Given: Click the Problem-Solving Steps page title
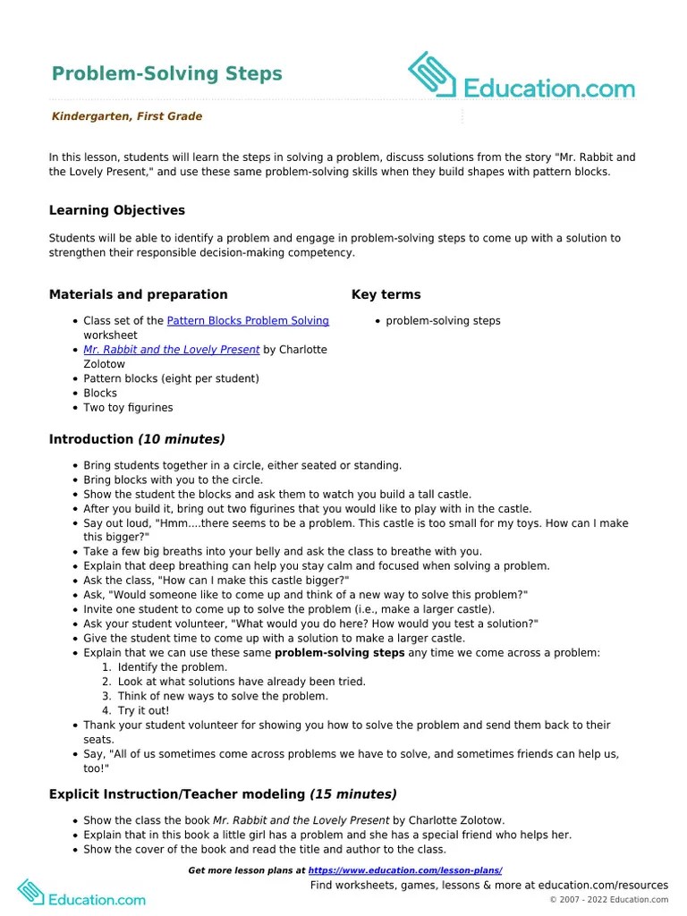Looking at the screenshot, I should point(166,73).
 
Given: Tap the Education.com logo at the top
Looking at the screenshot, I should point(522,77).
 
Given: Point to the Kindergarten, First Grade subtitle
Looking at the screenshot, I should point(126,116).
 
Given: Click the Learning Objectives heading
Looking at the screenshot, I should point(117,210).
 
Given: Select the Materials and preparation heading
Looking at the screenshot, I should point(138,294).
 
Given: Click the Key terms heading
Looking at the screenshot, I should point(386,294).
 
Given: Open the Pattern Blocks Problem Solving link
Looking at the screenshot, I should point(248,320).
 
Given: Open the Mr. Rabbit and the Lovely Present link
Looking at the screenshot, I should point(172,350).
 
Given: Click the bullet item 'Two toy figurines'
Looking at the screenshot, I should point(128,407).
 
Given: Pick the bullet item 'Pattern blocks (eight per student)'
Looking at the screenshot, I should point(171,378).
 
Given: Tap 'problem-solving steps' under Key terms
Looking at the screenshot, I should point(443,320).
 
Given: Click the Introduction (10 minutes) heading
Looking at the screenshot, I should point(137,439).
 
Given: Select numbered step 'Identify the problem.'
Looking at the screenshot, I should point(173,667).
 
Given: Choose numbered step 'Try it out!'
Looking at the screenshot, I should point(143,710).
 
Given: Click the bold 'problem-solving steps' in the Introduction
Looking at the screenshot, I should point(334,653).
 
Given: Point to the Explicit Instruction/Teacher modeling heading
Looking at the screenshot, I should point(223,794).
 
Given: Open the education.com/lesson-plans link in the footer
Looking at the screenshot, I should point(405,870).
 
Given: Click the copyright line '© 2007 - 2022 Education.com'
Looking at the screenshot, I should point(608,899).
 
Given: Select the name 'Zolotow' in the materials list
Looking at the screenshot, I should point(104,364).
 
